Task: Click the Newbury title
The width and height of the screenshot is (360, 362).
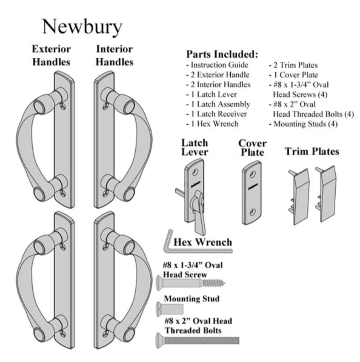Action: pos(82,27)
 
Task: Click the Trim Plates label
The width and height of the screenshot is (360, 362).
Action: pos(312,151)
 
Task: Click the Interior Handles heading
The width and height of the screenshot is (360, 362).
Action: pos(114,56)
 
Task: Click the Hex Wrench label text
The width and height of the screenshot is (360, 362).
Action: pos(203,242)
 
